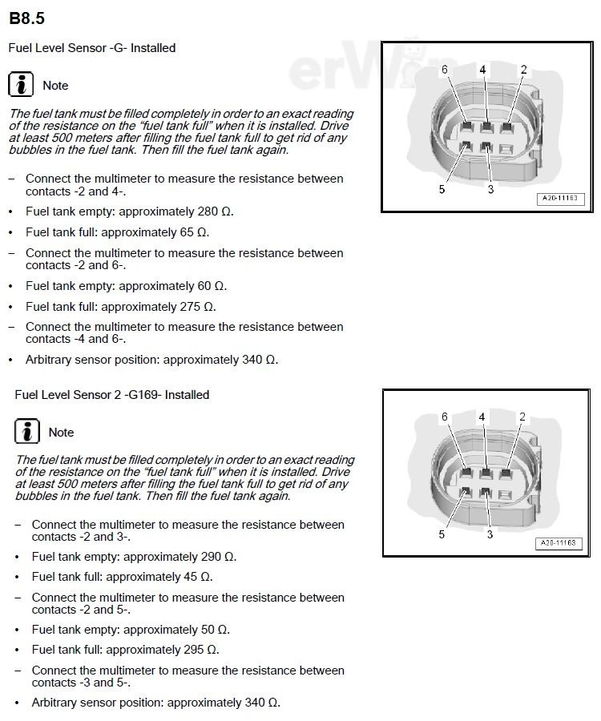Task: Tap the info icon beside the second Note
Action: tap(27, 432)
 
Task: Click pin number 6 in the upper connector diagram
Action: tap(445, 70)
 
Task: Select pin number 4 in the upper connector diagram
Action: tap(482, 70)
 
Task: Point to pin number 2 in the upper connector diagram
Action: tap(523, 70)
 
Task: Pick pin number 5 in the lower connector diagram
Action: tap(442, 535)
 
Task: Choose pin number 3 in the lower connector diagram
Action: tap(490, 535)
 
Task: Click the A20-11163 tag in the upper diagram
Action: tap(559, 197)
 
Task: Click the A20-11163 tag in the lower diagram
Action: tap(559, 543)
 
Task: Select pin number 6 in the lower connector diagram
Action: tap(445, 417)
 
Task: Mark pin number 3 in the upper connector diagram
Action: tap(490, 189)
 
